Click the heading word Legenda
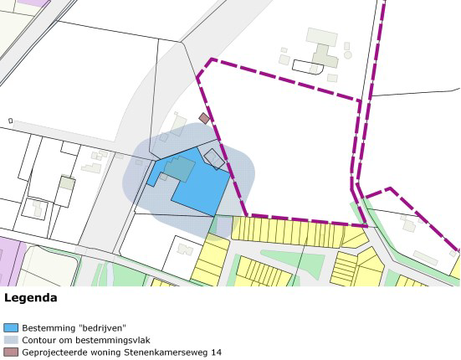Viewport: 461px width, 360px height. (x=31, y=297)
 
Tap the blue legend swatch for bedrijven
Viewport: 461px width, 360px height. (x=11, y=327)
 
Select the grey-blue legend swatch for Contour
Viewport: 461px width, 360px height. (x=11, y=340)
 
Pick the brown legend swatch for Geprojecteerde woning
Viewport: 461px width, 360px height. (x=11, y=352)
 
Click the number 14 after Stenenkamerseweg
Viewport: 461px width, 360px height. (x=215, y=352)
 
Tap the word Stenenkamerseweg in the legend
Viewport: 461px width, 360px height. (x=164, y=352)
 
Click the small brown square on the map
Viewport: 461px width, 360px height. (x=204, y=119)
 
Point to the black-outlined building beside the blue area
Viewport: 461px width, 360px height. (x=214, y=158)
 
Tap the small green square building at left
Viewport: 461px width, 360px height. (x=67, y=183)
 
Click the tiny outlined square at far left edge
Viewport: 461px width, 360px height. (x=10, y=121)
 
